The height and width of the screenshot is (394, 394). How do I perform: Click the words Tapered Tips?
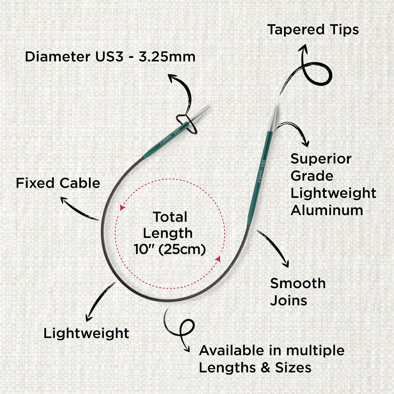(x=313, y=30)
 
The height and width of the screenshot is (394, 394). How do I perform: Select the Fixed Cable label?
(x=58, y=183)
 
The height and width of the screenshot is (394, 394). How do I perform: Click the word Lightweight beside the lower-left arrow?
(x=86, y=334)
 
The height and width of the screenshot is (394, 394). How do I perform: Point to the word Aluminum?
(x=327, y=210)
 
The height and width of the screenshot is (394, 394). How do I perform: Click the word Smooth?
(x=298, y=283)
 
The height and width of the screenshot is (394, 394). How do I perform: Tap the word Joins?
(x=288, y=301)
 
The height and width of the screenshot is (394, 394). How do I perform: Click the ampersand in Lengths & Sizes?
(x=266, y=367)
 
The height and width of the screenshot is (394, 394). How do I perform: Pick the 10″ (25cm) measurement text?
(x=170, y=249)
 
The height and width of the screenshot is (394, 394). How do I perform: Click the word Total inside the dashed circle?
(x=170, y=217)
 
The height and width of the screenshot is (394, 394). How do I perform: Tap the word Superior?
(x=321, y=159)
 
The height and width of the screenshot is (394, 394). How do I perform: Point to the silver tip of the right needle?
(x=274, y=118)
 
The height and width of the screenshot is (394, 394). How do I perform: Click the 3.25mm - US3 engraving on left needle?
(x=170, y=136)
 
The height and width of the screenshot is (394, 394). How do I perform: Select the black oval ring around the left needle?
(x=187, y=124)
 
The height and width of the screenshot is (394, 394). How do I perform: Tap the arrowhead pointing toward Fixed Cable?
(x=63, y=200)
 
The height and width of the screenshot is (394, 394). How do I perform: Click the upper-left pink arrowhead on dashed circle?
(x=122, y=207)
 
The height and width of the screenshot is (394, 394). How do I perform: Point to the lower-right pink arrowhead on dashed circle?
(x=218, y=259)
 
